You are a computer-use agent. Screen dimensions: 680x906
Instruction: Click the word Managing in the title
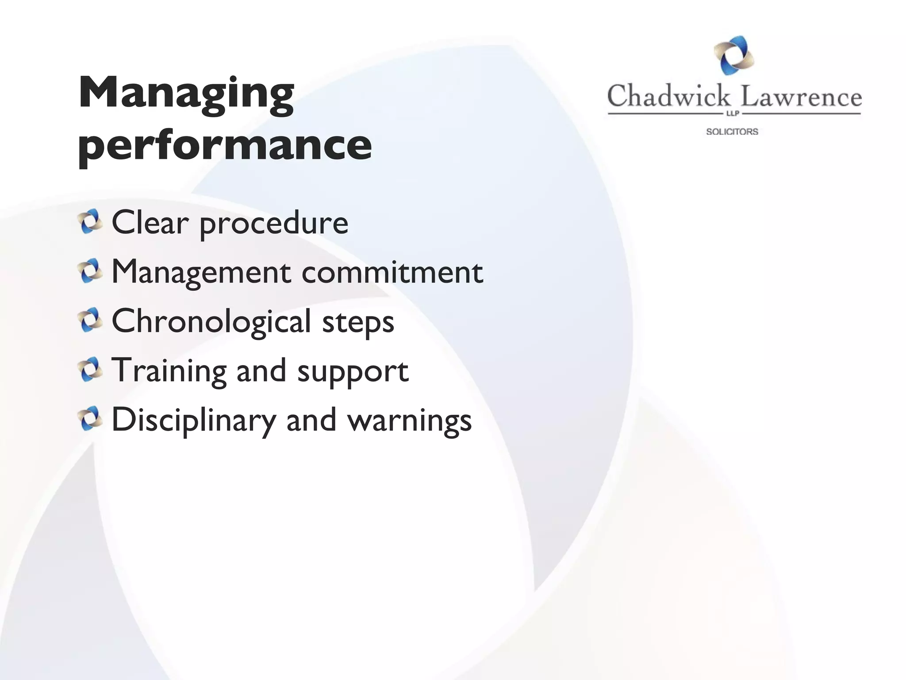click(186, 94)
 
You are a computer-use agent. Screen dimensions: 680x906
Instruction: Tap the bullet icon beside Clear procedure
click(90, 222)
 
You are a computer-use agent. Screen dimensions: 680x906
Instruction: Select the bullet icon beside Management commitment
click(90, 271)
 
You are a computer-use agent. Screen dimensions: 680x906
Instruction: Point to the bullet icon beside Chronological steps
click(90, 321)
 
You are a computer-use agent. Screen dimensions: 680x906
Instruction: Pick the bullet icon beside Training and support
click(90, 370)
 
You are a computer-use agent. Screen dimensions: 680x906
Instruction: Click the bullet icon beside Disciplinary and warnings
click(90, 419)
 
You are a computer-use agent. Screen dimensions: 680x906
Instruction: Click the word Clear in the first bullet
click(150, 222)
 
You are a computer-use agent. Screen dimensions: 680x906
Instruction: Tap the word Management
click(201, 272)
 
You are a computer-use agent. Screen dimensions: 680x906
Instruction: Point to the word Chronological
click(211, 321)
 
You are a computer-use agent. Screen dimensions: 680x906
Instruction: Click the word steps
click(358, 323)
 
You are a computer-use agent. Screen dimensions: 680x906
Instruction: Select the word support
click(353, 372)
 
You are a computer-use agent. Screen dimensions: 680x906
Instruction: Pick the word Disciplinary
click(194, 420)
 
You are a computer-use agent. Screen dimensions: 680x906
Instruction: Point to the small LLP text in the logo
click(733, 114)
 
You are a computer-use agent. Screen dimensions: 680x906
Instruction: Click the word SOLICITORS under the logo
click(732, 131)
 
